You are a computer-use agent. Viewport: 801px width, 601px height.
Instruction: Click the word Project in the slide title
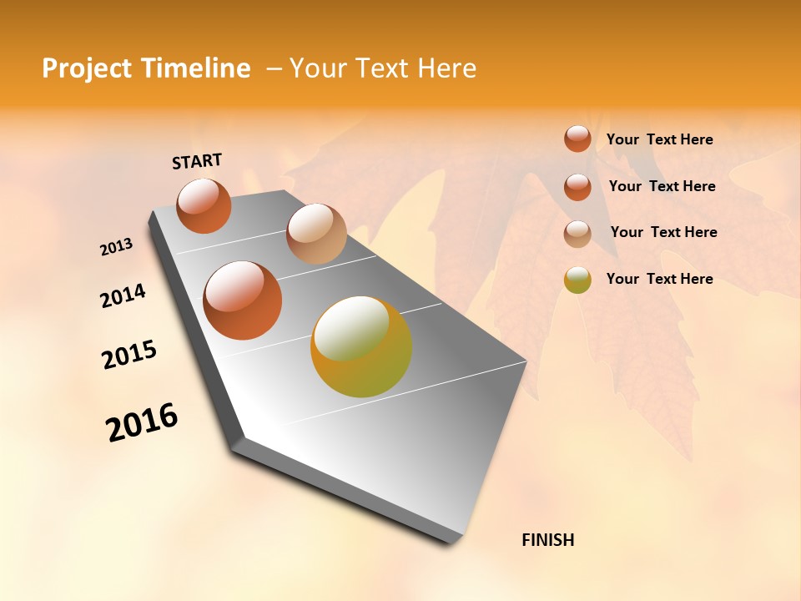click(x=88, y=68)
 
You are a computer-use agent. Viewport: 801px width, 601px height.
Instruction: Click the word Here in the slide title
click(x=446, y=68)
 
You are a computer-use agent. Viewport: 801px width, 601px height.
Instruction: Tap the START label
click(x=197, y=161)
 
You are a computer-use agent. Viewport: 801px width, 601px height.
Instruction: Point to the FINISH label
click(x=547, y=540)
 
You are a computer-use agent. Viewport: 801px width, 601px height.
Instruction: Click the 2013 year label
click(x=116, y=247)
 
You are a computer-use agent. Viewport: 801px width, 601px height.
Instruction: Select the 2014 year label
click(x=123, y=296)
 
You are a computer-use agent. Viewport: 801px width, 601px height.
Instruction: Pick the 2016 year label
click(x=142, y=422)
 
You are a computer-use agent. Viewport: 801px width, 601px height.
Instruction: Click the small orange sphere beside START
click(x=204, y=205)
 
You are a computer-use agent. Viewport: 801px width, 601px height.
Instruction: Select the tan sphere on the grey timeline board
click(x=316, y=234)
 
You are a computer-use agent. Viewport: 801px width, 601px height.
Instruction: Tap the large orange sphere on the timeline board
click(x=243, y=300)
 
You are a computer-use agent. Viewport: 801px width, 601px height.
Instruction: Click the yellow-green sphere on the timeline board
click(x=361, y=346)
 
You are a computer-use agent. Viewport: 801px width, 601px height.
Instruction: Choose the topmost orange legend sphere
click(x=577, y=139)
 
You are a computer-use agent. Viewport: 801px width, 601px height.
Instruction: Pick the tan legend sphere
click(x=577, y=234)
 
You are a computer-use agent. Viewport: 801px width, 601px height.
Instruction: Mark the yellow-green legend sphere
click(x=577, y=280)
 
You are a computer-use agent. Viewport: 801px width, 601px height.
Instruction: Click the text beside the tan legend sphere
click(x=663, y=232)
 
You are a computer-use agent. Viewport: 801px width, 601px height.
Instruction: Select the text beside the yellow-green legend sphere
click(x=659, y=279)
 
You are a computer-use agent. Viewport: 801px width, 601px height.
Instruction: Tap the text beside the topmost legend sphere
click(x=659, y=139)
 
